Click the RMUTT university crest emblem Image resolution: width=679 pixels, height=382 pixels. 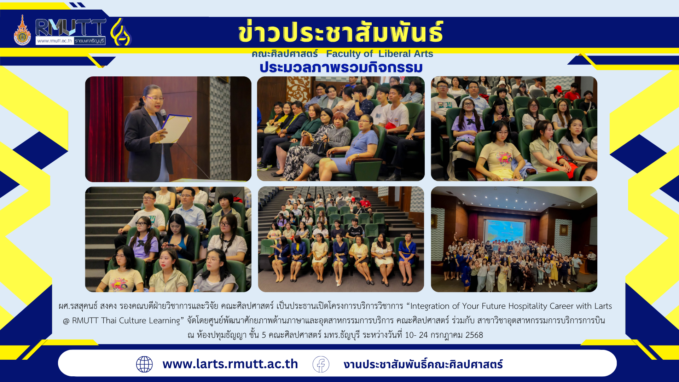point(22,30)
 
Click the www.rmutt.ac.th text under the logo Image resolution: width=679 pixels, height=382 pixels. point(54,41)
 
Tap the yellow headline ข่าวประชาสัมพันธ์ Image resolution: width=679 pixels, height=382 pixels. point(341,32)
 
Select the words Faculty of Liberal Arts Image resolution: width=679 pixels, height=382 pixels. point(379,54)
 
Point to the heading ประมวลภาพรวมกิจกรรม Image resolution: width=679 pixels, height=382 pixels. point(341,67)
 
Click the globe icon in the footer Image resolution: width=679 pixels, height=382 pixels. point(144,364)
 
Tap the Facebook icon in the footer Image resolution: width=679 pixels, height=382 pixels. point(321,364)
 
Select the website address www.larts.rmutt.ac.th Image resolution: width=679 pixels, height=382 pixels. point(230,364)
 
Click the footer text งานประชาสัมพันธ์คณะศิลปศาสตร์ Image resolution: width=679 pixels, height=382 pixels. point(423,364)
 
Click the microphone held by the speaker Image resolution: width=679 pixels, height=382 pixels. point(163,114)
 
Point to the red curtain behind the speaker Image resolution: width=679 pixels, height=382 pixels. point(104,129)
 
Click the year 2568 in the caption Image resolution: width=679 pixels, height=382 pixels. point(474,335)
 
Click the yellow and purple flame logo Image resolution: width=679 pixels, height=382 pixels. point(121,32)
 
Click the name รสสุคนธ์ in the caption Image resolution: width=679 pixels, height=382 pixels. point(84,306)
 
